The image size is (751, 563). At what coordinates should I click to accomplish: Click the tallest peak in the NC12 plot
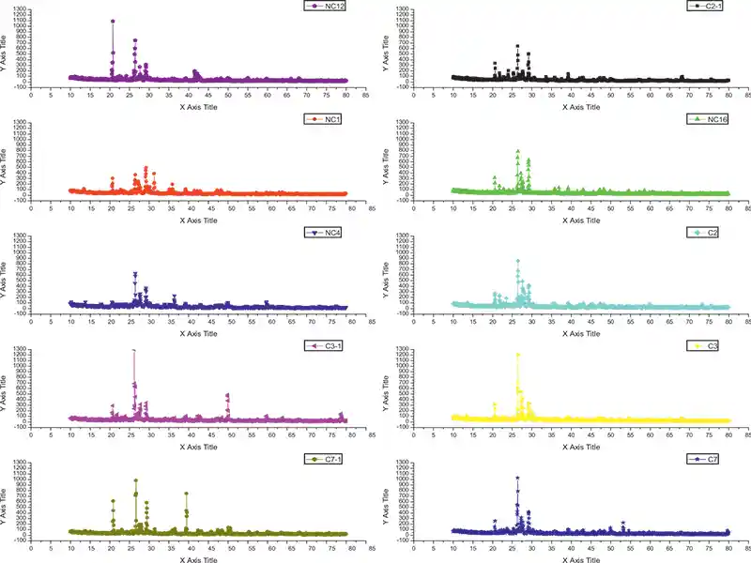(113, 21)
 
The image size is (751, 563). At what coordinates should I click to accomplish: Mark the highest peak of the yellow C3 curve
(517, 355)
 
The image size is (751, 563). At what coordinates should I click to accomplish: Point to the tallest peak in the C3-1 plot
(133, 350)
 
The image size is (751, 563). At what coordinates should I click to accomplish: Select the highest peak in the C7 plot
(517, 478)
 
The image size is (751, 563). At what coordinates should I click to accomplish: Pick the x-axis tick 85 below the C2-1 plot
(747, 94)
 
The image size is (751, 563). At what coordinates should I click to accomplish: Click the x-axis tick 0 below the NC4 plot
(31, 321)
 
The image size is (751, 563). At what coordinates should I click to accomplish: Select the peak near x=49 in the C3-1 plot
(227, 395)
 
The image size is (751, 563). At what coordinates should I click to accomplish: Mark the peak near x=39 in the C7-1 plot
(186, 494)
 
